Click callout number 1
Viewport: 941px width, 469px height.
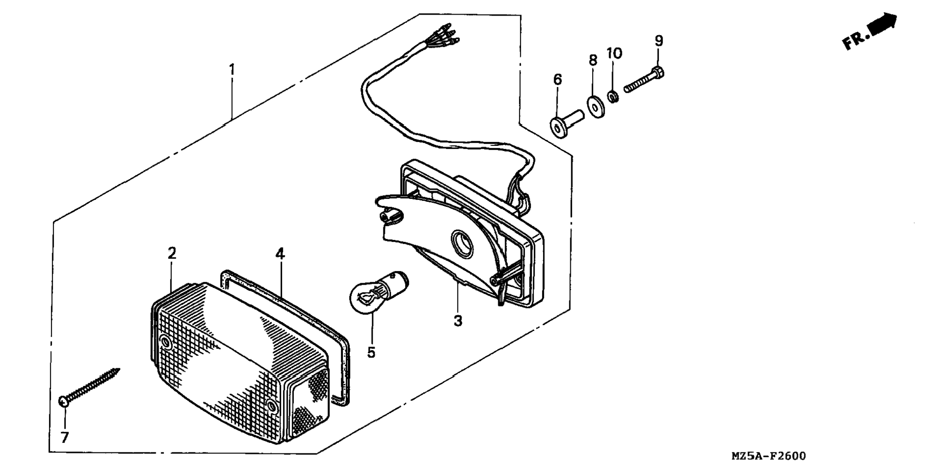[x=232, y=70]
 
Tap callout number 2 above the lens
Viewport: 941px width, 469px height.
[x=172, y=253]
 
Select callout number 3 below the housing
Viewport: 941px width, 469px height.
[x=458, y=321]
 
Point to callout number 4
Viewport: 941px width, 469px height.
[x=280, y=254]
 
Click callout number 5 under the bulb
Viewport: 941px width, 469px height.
[x=371, y=352]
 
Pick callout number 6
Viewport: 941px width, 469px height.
[x=558, y=79]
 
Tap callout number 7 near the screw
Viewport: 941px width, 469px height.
[x=65, y=437]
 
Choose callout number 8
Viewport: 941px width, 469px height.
[x=593, y=60]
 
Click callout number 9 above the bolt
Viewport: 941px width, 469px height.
[x=659, y=41]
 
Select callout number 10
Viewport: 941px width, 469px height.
[x=614, y=53]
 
